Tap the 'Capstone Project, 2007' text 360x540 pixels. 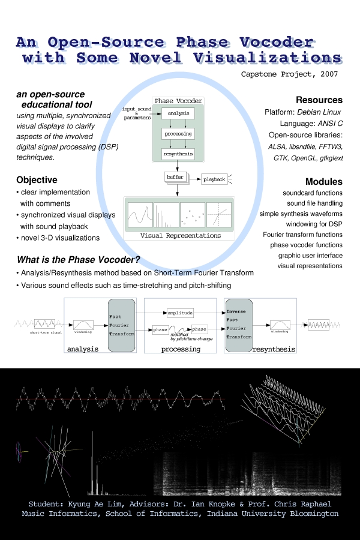pos(289,74)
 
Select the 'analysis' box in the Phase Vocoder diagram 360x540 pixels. pos(178,113)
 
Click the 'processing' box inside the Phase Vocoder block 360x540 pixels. pos(178,134)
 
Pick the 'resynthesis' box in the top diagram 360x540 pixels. pos(178,155)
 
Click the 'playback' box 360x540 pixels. pos(214,179)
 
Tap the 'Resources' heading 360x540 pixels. pos(319,100)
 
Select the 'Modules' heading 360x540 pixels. pos(323,181)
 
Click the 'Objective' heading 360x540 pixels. pos(37,179)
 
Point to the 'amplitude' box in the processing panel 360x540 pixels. pos(180,313)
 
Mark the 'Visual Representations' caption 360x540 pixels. pos(180,235)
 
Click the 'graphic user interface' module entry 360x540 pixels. pos(310,254)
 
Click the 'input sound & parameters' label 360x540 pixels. pos(137,113)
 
